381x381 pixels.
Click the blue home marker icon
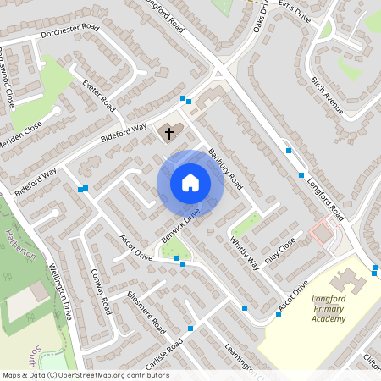[190, 183]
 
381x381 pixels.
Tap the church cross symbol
[168, 133]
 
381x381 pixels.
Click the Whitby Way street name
[244, 251]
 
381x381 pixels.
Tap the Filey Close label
[280, 250]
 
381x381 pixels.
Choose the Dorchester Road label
[69, 33]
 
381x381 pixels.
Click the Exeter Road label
[98, 94]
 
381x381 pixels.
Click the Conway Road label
[101, 291]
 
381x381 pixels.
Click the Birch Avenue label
[326, 97]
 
